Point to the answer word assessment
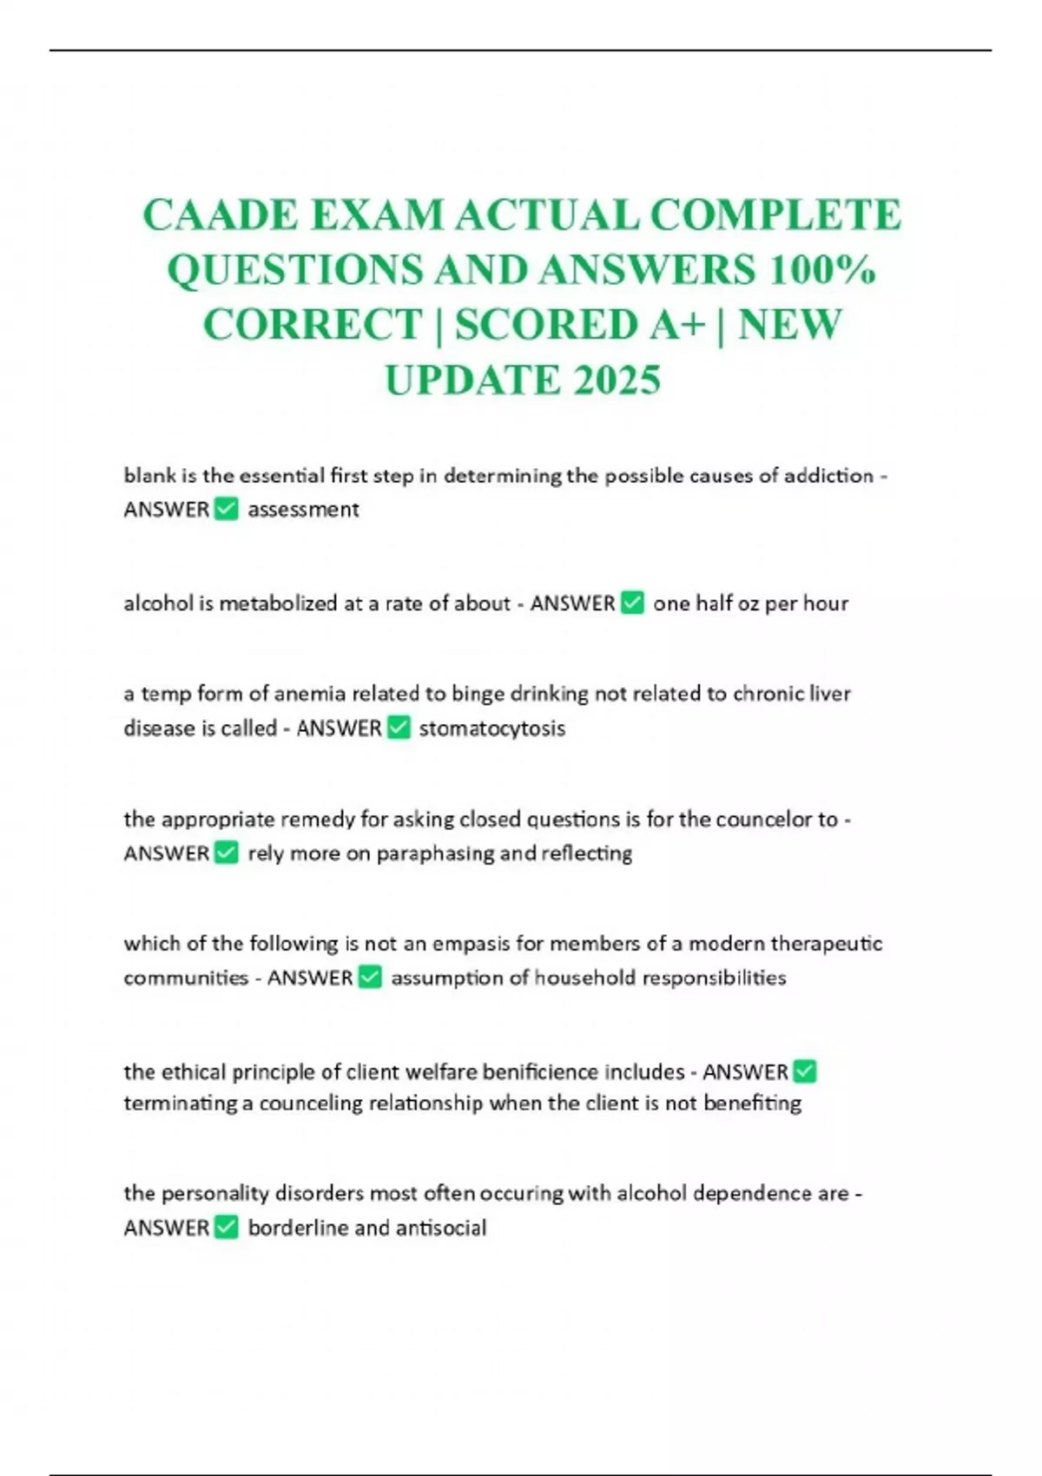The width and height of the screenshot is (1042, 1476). click(x=303, y=510)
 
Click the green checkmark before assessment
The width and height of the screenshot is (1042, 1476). click(x=226, y=509)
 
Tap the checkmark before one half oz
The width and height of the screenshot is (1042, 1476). click(x=633, y=603)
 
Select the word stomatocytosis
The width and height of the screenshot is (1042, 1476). click(x=491, y=728)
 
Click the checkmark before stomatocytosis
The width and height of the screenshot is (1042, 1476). click(x=399, y=728)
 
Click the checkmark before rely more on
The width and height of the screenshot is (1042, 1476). click(x=226, y=853)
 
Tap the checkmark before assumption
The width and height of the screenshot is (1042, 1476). click(x=370, y=978)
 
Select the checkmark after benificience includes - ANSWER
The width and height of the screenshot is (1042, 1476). click(x=805, y=1071)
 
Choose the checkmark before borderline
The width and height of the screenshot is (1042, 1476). click(x=226, y=1228)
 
